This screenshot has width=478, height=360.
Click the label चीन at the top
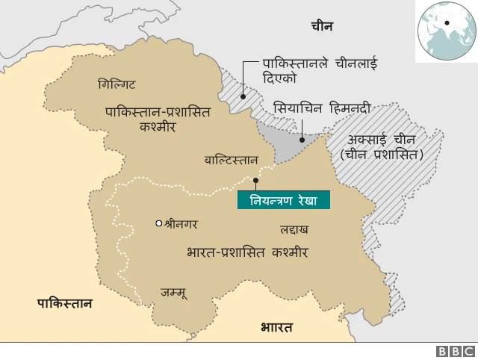click(x=322, y=27)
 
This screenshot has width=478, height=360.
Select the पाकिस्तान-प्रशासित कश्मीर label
click(x=157, y=120)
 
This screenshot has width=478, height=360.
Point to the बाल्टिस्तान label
click(x=232, y=161)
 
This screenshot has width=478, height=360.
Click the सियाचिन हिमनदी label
click(x=322, y=108)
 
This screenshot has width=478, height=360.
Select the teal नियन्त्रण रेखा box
click(x=283, y=200)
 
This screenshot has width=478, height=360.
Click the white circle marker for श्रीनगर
click(x=158, y=223)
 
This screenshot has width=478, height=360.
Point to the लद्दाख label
click(x=294, y=229)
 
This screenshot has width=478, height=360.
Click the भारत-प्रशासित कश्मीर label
click(x=248, y=253)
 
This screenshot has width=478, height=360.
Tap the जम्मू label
click(x=173, y=293)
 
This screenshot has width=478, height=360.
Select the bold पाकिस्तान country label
click(x=66, y=302)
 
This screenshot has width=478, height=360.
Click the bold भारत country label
click(x=276, y=327)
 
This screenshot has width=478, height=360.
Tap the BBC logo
click(x=455, y=351)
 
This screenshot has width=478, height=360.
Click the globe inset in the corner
click(x=447, y=29)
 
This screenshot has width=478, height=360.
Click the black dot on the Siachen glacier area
click(x=301, y=138)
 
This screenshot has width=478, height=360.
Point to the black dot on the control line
click(x=255, y=180)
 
